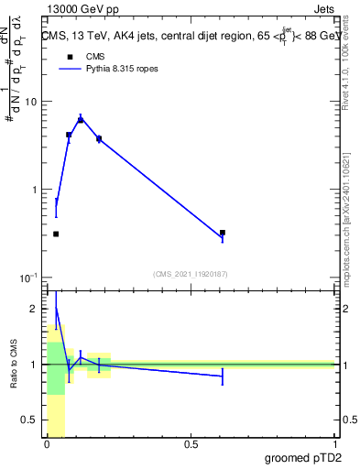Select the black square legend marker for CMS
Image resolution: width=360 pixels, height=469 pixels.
69,57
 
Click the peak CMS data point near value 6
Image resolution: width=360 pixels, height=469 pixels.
81,120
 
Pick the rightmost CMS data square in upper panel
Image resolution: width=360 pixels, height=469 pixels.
223,233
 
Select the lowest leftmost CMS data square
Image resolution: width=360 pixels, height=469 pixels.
56,234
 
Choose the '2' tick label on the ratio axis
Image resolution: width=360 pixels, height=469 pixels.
35,309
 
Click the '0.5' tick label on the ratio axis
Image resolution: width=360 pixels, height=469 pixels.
29,420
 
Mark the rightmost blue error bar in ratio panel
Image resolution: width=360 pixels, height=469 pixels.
223,376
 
